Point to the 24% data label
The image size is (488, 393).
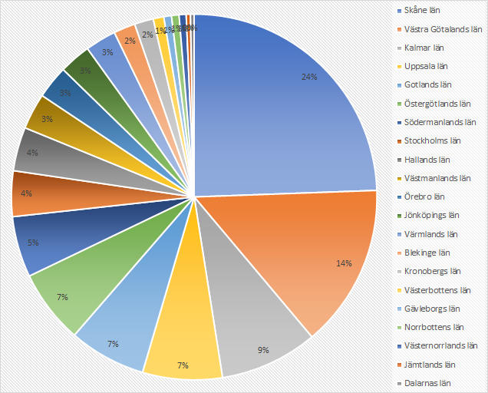point(309,77)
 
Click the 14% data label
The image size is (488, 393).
point(343,263)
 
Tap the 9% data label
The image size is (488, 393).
point(263,351)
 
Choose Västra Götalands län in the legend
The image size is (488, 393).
point(443,29)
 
